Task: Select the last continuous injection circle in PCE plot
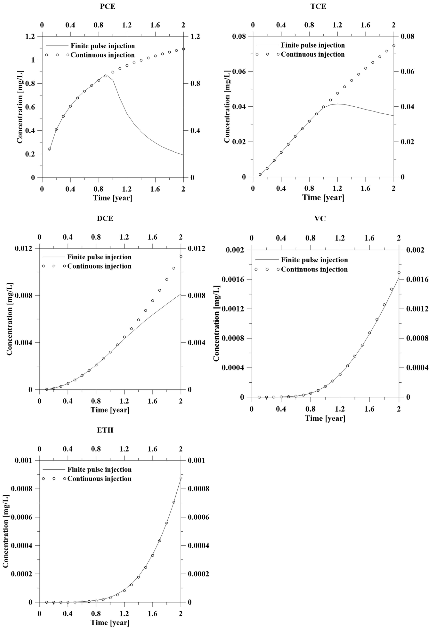183,49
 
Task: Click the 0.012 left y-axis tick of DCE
24,248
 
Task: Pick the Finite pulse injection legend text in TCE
313,45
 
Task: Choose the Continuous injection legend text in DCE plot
99,266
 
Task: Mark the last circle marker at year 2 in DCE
181,257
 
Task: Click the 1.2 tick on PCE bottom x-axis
127,189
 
